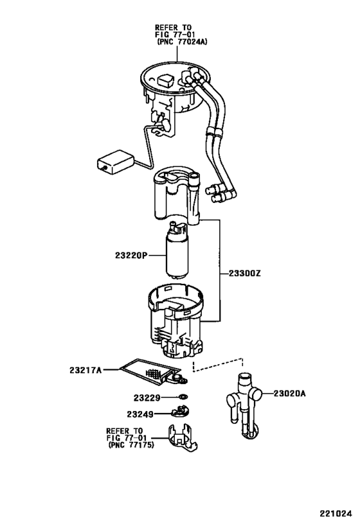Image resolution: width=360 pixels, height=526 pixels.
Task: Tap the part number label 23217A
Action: click(85, 369)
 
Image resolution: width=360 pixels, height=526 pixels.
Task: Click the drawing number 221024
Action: click(336, 514)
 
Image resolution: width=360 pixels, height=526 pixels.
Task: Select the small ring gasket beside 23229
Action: click(183, 398)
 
